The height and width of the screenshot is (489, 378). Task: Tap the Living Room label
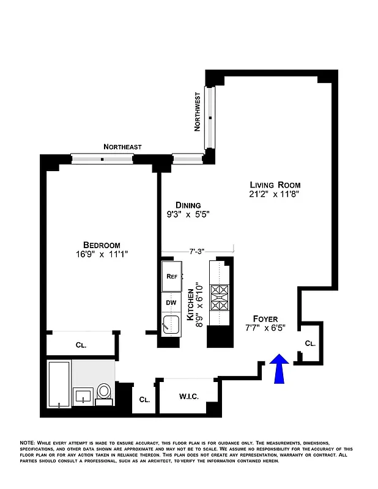pos(275,185)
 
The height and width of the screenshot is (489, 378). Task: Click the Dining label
pos(188,205)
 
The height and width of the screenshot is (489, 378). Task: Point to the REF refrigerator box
pos(172,276)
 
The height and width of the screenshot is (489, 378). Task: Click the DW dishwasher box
pos(171,301)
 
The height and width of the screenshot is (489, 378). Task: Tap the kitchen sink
pos(171,325)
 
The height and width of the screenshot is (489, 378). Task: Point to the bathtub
pos(59,384)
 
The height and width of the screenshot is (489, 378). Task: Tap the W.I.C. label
pos(188,397)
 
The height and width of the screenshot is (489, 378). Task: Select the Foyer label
pos(265,319)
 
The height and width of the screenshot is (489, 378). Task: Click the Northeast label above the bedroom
pos(122,147)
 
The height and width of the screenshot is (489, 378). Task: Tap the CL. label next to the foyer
pos(310,344)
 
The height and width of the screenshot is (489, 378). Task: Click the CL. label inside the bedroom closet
pos(81,345)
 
